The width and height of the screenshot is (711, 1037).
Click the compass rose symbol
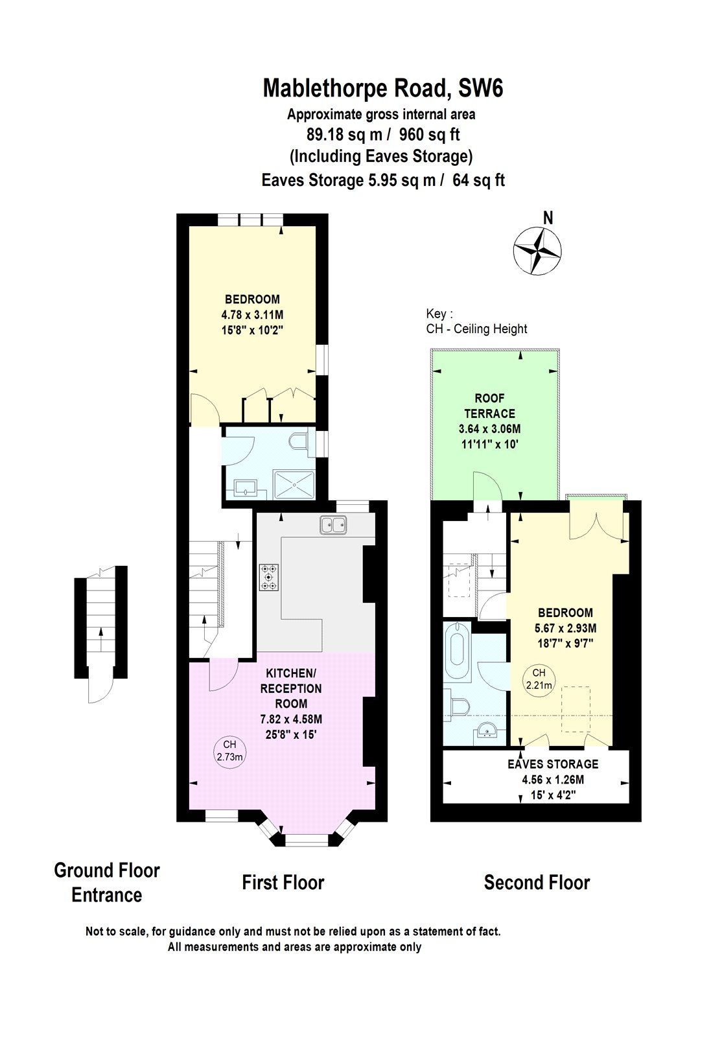(x=537, y=251)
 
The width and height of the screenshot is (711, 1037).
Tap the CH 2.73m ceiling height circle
(x=229, y=751)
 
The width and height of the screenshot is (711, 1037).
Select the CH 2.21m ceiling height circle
(x=539, y=679)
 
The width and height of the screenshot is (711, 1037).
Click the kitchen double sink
(x=333, y=524)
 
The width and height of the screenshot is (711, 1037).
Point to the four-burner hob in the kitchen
(x=269, y=577)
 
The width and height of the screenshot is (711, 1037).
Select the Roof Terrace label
(x=489, y=406)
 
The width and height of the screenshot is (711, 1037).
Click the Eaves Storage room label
(x=553, y=764)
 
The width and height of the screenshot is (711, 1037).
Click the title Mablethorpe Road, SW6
(x=382, y=88)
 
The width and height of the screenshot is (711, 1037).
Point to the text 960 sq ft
(x=429, y=135)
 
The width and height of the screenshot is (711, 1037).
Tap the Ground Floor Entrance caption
(x=106, y=882)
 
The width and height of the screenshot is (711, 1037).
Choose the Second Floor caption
(x=537, y=882)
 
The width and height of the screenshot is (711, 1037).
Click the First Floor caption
(x=283, y=882)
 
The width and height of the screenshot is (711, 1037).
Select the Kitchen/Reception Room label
(x=290, y=688)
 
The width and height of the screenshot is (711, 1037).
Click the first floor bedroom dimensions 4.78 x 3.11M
(x=252, y=314)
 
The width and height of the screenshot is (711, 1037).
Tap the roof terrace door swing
(x=486, y=486)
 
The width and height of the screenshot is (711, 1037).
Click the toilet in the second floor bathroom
(x=460, y=708)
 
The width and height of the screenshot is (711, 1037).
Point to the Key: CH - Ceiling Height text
(x=476, y=321)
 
